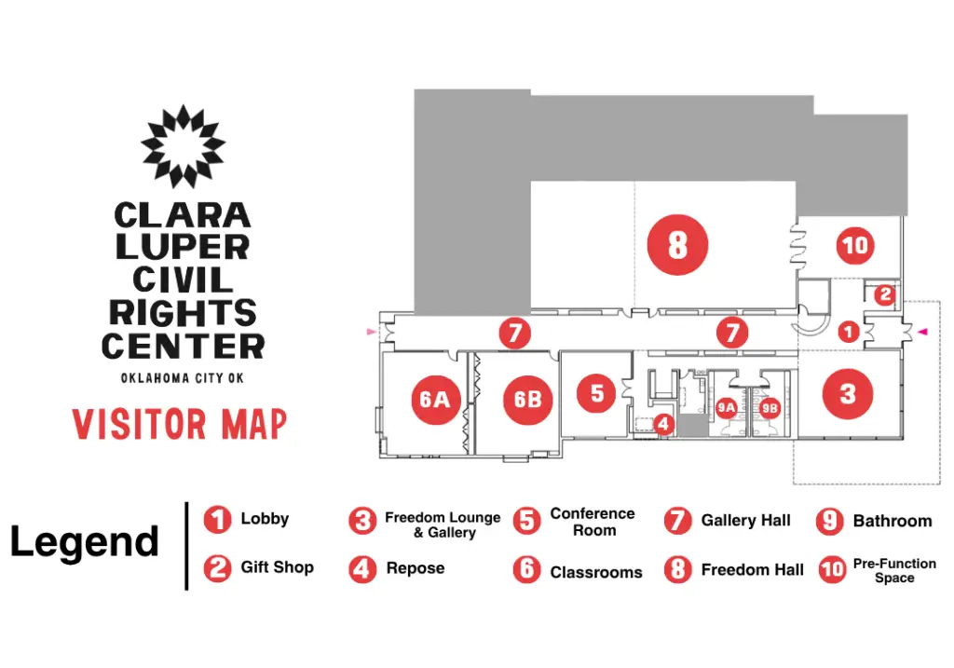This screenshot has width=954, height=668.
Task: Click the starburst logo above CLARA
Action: coord(184,146)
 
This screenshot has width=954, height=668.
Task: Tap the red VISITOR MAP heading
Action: coord(180,424)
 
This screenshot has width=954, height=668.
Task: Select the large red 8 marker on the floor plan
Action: coord(677,245)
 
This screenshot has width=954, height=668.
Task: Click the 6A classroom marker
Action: coord(435,400)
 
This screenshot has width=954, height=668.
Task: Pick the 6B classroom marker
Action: coord(528,400)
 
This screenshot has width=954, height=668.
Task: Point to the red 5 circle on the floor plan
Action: coord(596,393)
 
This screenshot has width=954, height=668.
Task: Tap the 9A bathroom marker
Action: coord(726,408)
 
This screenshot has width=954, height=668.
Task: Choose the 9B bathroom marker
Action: coord(770,408)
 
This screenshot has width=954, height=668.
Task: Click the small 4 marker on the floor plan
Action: coord(663,424)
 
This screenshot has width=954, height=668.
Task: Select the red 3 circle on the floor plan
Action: coord(848,394)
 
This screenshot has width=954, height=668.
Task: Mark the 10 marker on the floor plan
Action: coord(855,245)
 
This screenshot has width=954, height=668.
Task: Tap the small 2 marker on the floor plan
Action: coord(885,295)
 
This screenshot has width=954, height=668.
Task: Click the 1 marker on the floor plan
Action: coord(849,332)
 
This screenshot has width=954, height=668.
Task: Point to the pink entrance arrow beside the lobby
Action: coord(922,332)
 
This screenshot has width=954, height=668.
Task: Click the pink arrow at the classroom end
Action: coord(371,332)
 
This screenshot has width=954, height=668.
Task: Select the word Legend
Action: coord(85,541)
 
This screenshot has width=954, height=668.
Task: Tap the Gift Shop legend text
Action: coord(278,567)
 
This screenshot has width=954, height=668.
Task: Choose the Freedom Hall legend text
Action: coord(753,570)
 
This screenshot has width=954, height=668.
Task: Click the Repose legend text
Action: coord(416,569)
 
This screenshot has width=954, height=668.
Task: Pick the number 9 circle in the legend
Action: coord(829,521)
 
